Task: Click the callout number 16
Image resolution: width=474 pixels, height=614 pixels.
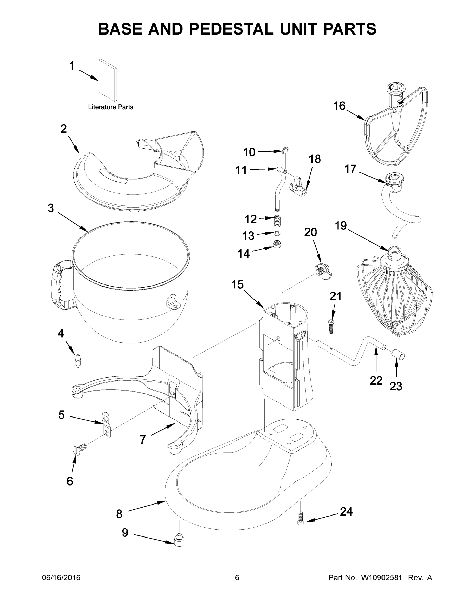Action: click(x=339, y=106)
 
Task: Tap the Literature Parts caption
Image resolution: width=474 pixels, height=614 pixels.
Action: click(x=111, y=107)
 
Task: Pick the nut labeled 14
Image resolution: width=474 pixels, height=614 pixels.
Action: click(x=277, y=243)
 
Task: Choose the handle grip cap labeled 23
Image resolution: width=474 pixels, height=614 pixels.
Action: click(x=398, y=355)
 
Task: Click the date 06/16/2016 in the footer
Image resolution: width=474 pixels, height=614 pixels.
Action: click(x=61, y=578)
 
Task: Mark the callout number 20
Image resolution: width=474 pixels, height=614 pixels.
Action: click(x=310, y=232)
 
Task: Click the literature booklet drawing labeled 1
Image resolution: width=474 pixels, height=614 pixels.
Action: click(x=108, y=80)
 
